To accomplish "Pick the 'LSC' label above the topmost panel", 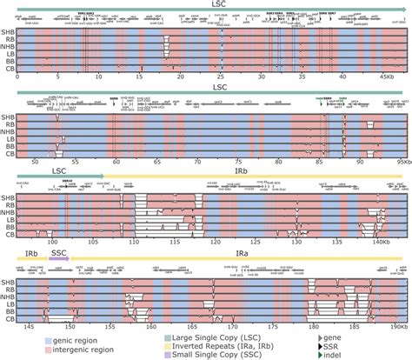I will [x=206, y=4].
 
